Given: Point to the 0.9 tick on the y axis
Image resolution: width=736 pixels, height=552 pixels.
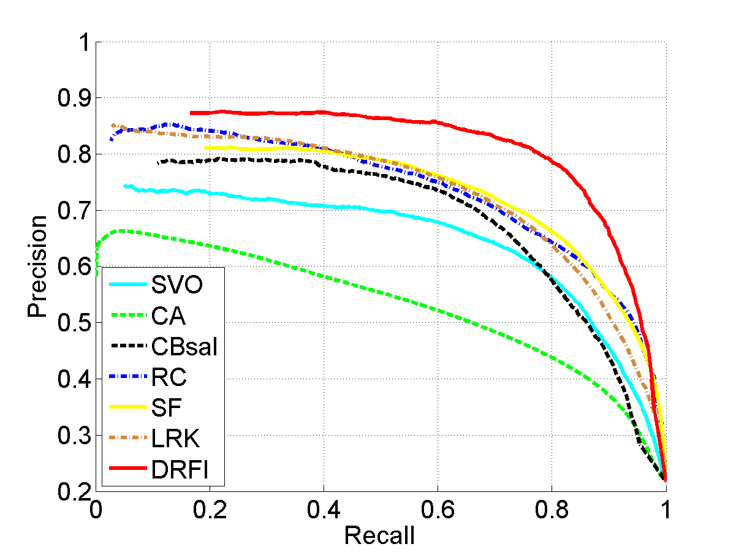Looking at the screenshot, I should click(x=73, y=98).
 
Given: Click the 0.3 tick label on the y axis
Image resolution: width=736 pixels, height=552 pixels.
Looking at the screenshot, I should click(x=73, y=436).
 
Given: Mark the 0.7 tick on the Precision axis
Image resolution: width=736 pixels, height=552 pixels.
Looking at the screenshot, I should click(x=73, y=211).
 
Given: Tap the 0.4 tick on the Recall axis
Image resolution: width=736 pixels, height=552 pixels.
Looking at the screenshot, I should click(x=323, y=510).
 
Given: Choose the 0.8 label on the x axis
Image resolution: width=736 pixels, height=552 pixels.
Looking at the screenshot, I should click(x=551, y=510).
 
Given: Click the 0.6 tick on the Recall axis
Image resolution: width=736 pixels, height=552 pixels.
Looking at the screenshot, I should click(x=437, y=510).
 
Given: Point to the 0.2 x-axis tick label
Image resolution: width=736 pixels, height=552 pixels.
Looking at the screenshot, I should click(x=209, y=510).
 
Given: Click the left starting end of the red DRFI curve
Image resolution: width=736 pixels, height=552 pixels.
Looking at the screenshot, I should click(x=192, y=113).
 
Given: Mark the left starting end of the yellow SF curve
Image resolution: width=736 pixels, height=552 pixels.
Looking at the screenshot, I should click(x=206, y=148).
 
